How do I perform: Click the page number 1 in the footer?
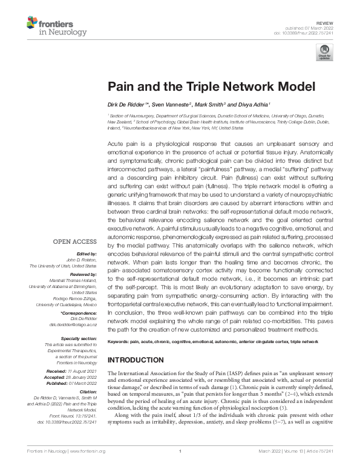click(180, 467)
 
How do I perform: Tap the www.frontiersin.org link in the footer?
click(87, 467)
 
